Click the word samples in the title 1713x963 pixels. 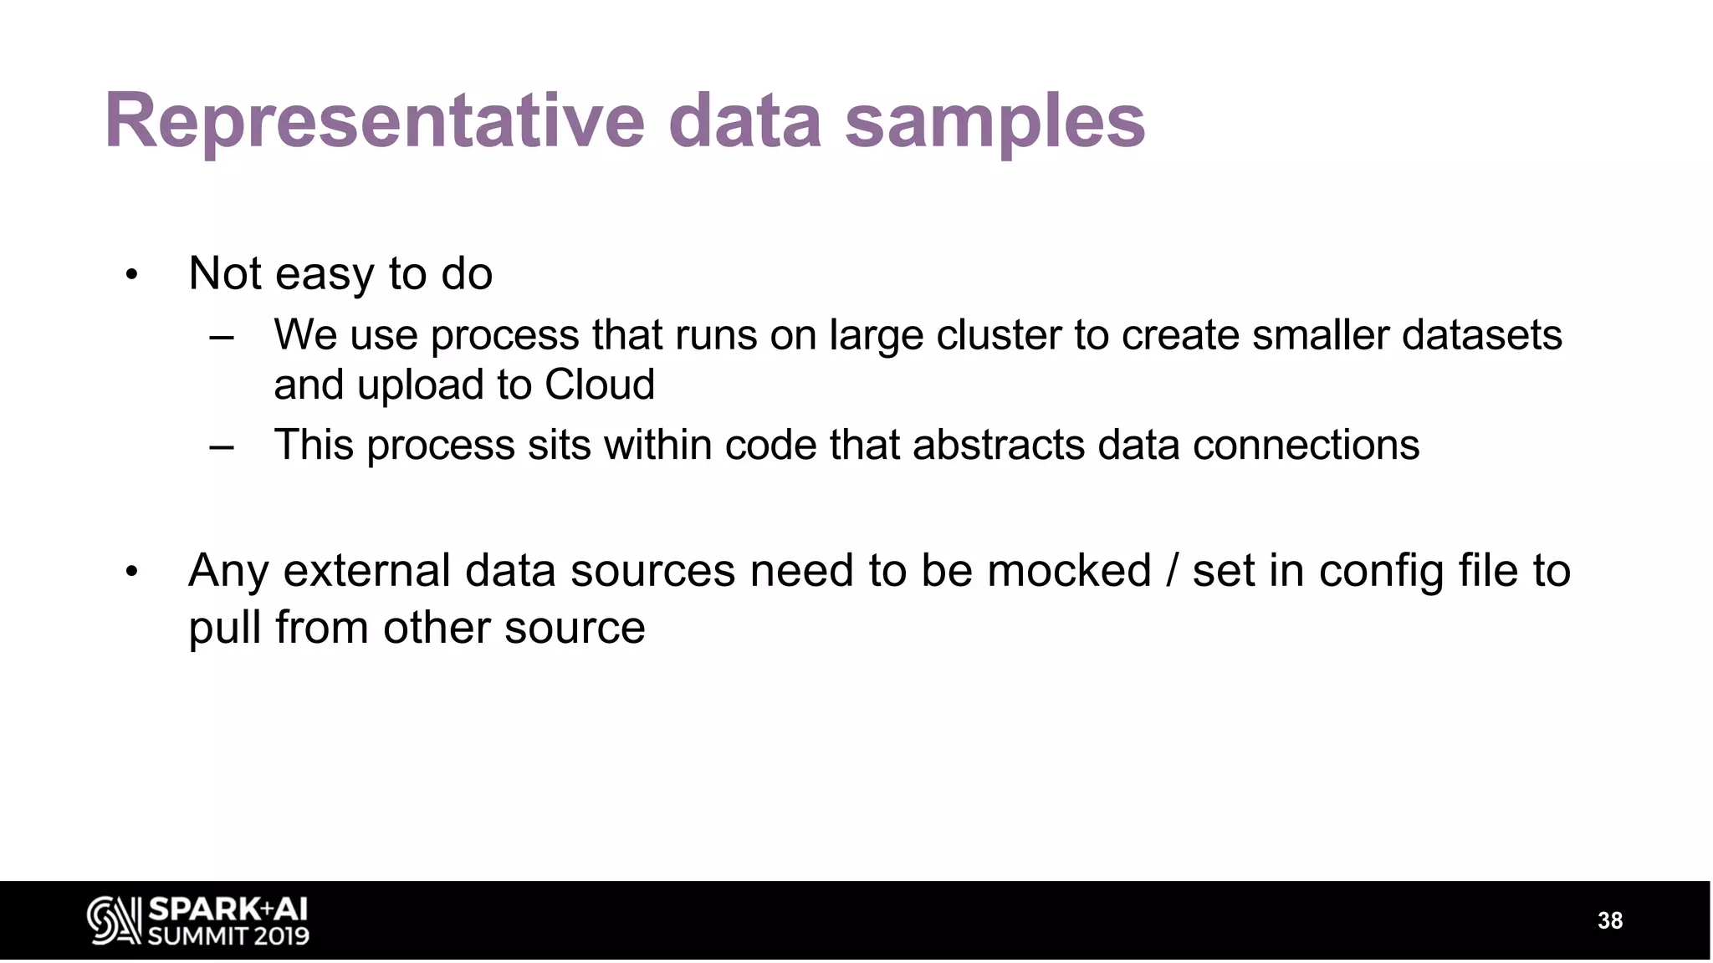(x=995, y=121)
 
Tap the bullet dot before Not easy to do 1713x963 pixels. (x=130, y=274)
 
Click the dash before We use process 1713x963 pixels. (x=222, y=337)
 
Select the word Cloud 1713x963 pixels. (x=599, y=385)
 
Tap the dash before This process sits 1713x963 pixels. (x=222, y=446)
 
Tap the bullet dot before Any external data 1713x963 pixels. (x=130, y=573)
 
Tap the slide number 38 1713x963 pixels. (x=1609, y=920)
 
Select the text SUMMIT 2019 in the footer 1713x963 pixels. (x=228, y=935)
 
